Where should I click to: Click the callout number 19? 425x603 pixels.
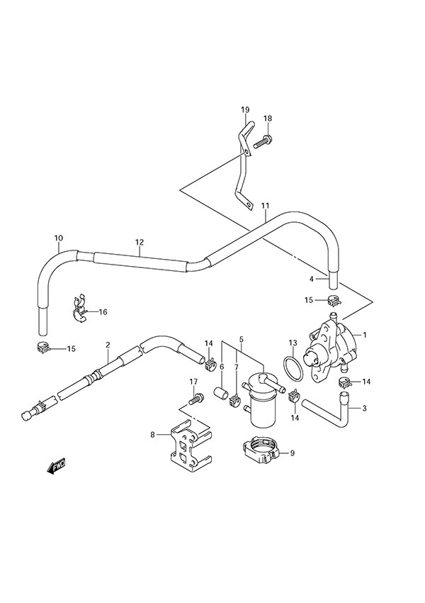[245, 109]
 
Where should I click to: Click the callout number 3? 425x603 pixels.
[365, 408]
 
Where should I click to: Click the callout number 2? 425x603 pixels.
[108, 345]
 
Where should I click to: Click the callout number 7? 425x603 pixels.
[237, 367]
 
